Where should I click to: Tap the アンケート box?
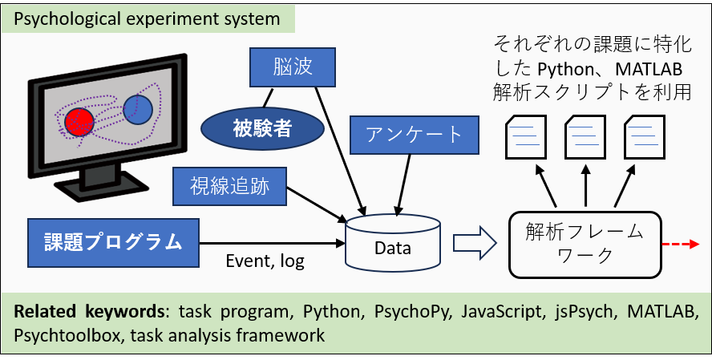point(414,134)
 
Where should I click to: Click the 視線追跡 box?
point(230,186)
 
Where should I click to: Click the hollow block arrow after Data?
point(472,244)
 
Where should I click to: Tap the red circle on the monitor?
point(80,122)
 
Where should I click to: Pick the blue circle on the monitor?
point(138,107)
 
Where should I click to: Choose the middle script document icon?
point(586,137)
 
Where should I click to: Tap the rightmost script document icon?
point(646,137)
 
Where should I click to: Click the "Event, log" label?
point(265,261)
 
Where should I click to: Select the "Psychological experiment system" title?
point(146,18)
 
